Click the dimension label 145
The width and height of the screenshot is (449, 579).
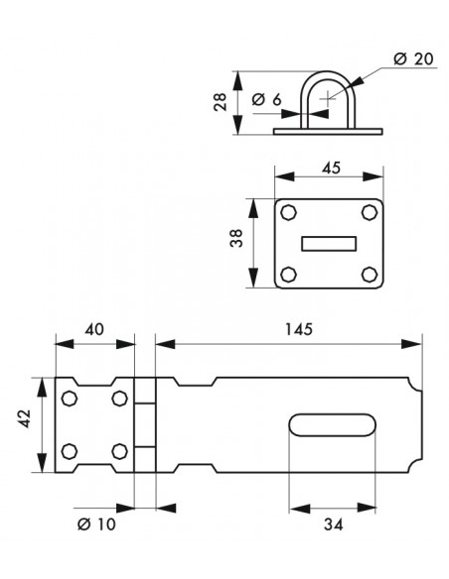tap(299, 328)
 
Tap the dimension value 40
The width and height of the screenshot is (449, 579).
tap(94, 329)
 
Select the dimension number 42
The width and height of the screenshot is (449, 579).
tap(25, 419)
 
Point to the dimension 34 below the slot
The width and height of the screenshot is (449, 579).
tap(333, 523)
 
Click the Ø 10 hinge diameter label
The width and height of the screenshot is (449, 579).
tap(96, 523)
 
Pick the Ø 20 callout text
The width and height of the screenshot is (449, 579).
tap(413, 58)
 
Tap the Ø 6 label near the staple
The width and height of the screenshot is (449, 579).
tap(266, 99)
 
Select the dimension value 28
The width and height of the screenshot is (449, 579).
tap(221, 102)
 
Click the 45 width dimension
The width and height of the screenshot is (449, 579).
tap(331, 168)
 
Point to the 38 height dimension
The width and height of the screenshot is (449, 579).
tap(236, 238)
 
